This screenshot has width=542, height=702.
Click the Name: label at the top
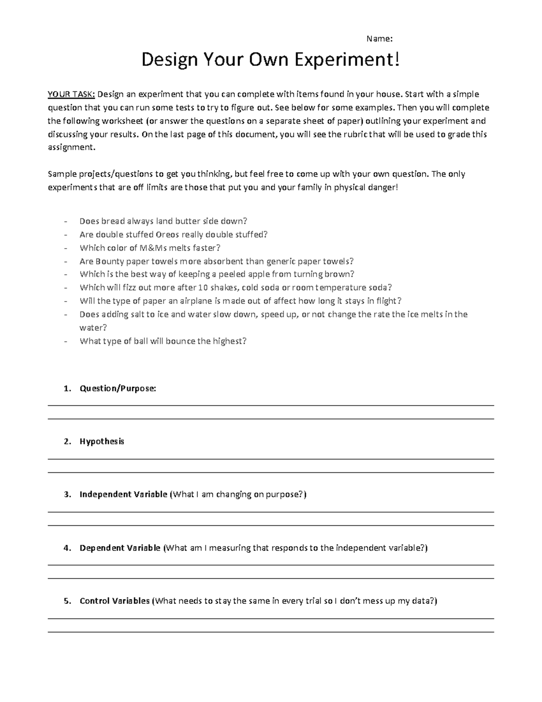tap(379, 39)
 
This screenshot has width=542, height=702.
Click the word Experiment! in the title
tap(347, 60)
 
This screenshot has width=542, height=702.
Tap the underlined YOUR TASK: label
tap(71, 94)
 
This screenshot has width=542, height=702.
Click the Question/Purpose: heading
tap(117, 388)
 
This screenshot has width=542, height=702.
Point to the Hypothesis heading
tap(102, 442)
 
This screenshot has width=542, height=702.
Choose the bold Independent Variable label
tap(123, 495)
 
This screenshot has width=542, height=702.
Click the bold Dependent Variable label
tap(120, 548)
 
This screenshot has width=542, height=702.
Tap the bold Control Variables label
tap(114, 601)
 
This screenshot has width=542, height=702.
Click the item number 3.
tap(67, 495)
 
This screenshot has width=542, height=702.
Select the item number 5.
tap(67, 601)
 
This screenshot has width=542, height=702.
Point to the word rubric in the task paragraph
tap(356, 134)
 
